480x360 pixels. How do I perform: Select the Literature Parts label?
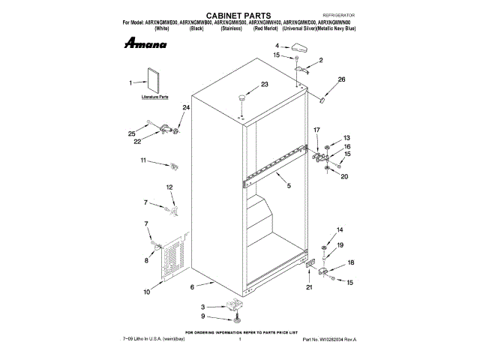tap(155, 97)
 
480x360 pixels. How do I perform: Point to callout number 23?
tap(265, 85)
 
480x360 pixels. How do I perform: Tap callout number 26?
tap(341, 79)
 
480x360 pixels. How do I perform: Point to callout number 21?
tap(308, 286)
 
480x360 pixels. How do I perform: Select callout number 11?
tap(143, 160)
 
